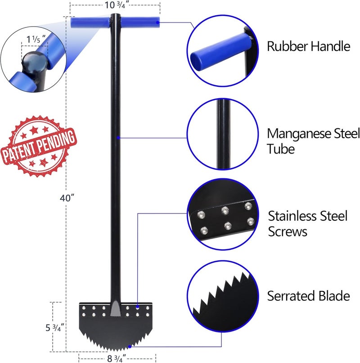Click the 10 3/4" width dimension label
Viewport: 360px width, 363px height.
pyautogui.click(x=115, y=6)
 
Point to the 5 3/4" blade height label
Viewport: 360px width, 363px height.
pyautogui.click(x=54, y=327)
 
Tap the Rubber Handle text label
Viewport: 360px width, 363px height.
pyautogui.click(x=308, y=46)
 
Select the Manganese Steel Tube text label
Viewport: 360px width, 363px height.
pyautogui.click(x=313, y=141)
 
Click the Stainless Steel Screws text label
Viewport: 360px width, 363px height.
pyautogui.click(x=308, y=223)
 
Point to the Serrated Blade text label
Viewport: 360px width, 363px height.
pyautogui.click(x=308, y=296)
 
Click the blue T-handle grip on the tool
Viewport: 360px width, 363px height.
pyautogui.click(x=115, y=23)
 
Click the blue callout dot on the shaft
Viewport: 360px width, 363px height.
pyautogui.click(x=118, y=137)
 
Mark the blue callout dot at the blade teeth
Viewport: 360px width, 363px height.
pyautogui.click(x=130, y=346)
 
